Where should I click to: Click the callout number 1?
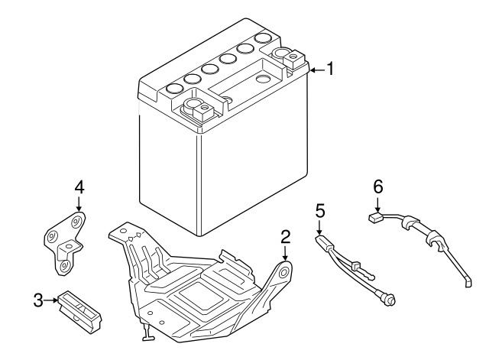point(330,70)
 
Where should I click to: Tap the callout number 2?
point(285,237)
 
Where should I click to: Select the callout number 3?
point(37,300)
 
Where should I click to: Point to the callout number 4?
point(78,186)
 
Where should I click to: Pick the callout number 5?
point(319,209)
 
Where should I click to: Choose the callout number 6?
point(377,186)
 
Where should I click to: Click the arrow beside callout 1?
point(316,70)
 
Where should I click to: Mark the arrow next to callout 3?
point(52,300)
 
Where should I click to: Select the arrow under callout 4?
point(78,205)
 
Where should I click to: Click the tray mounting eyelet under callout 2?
point(285,271)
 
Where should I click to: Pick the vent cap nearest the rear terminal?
point(264,37)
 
